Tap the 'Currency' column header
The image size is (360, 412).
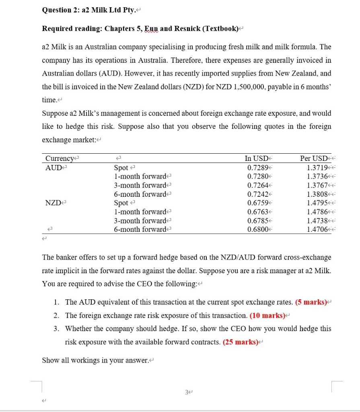click(x=60, y=158)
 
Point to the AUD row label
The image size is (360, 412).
click(x=53, y=167)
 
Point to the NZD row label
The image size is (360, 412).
click(x=53, y=203)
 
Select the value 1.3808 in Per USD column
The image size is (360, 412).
click(x=316, y=194)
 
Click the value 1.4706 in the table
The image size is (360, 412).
click(x=316, y=229)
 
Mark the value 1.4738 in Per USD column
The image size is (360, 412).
click(x=316, y=220)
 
